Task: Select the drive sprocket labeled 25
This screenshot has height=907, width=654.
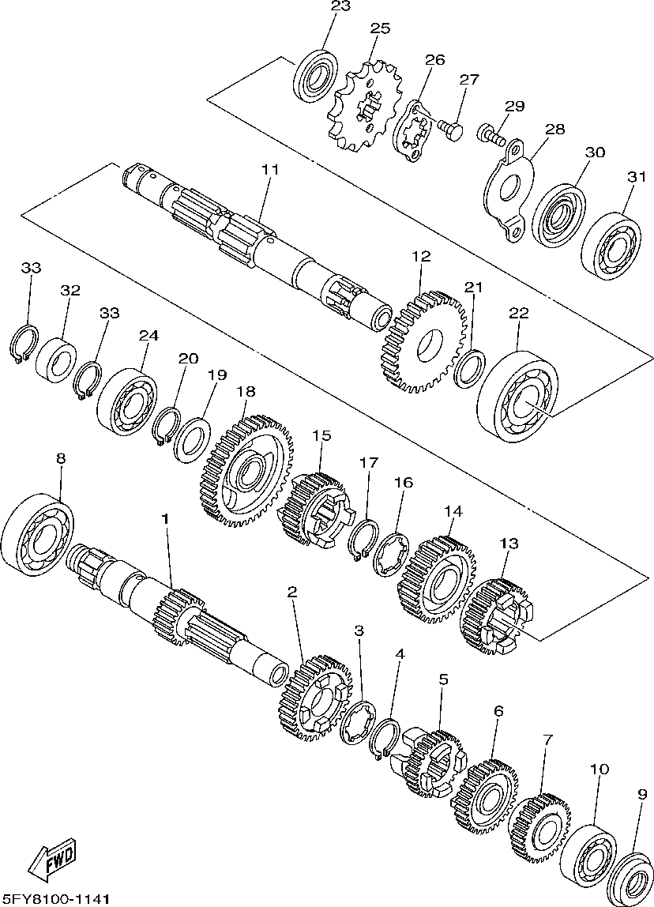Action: (x=364, y=107)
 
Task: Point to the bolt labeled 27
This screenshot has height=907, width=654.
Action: (x=451, y=129)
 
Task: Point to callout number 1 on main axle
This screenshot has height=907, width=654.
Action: (x=165, y=518)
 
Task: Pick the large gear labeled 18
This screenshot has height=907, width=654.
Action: (x=244, y=472)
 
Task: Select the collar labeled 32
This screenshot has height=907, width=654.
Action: (x=56, y=360)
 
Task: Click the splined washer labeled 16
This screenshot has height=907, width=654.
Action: (x=392, y=554)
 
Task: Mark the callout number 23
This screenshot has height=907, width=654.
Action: (x=340, y=6)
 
